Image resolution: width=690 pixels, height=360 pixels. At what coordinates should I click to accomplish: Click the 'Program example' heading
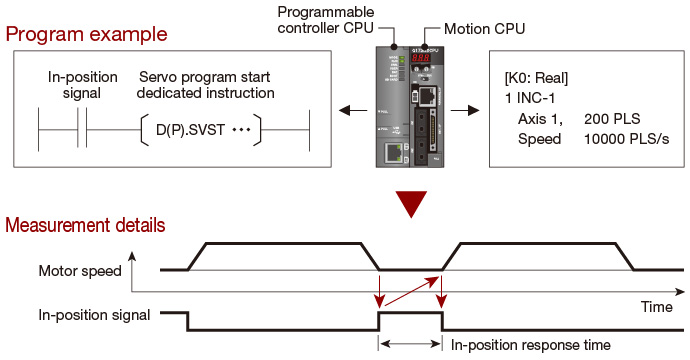click(x=86, y=34)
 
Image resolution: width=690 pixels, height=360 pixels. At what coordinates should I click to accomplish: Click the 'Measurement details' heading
click(x=85, y=225)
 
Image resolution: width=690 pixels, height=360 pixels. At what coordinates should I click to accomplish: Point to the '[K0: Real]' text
click(x=536, y=78)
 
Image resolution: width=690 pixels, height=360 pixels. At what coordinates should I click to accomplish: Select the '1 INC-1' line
click(x=530, y=98)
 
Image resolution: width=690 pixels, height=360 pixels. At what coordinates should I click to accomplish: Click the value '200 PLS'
click(x=612, y=119)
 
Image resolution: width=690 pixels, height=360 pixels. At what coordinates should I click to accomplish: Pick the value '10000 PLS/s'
click(x=626, y=139)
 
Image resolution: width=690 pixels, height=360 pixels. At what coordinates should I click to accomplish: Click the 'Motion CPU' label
click(x=484, y=29)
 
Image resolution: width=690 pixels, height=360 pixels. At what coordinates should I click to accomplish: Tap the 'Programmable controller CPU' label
click(x=326, y=20)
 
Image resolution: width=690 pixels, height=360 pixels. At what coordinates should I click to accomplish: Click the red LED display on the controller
click(x=420, y=58)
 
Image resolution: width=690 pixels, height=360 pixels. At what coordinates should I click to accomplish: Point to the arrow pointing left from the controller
click(x=352, y=110)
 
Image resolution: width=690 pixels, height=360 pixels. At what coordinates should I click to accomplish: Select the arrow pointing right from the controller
click(x=465, y=110)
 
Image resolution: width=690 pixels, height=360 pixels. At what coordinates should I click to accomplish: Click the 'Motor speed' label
click(x=80, y=271)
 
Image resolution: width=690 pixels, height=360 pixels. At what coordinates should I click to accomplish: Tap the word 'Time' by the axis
click(x=657, y=307)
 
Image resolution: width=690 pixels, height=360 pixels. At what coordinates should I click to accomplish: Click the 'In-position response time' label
click(x=531, y=345)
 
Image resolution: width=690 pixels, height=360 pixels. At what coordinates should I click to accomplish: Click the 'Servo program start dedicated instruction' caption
click(x=206, y=85)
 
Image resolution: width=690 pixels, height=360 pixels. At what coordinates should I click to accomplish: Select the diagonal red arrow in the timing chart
click(x=412, y=291)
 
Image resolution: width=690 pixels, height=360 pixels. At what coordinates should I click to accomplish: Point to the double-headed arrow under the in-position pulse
click(x=411, y=344)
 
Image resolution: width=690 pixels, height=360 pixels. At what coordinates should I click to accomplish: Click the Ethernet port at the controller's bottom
click(x=393, y=153)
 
